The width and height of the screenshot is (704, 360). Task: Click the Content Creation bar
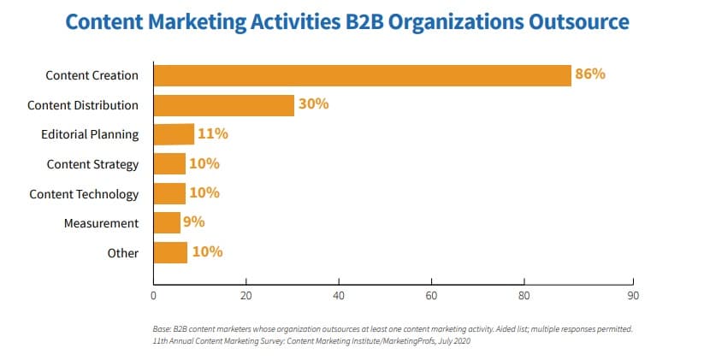tap(362, 75)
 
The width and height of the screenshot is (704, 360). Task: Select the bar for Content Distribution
tap(223, 105)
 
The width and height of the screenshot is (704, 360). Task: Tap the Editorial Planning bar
tap(174, 134)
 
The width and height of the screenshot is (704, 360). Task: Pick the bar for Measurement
tap(167, 223)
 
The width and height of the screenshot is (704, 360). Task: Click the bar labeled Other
tap(170, 252)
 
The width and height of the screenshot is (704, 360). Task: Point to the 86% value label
tap(590, 74)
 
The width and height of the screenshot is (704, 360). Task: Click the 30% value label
tap(313, 104)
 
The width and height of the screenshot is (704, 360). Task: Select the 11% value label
tap(213, 134)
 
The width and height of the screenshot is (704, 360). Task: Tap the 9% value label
tap(195, 222)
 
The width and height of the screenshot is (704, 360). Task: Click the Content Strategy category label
tap(92, 164)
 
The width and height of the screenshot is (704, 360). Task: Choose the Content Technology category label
tap(84, 194)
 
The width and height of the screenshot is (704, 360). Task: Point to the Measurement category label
tap(101, 223)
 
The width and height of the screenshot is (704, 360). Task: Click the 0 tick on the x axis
tap(153, 296)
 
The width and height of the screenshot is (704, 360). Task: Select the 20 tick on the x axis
tap(246, 296)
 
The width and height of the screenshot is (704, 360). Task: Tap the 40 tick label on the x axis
tap(339, 296)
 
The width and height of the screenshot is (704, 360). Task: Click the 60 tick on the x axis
tap(431, 296)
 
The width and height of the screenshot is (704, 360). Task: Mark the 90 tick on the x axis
tap(632, 296)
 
